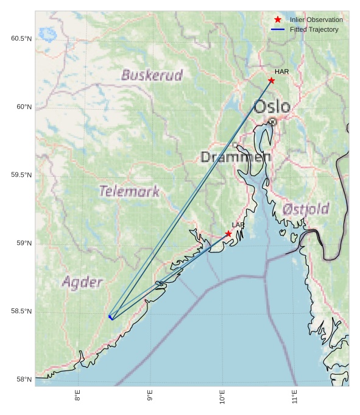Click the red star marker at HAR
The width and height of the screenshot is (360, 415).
pyautogui.click(x=271, y=80)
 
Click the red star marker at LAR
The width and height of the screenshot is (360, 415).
pyautogui.click(x=228, y=233)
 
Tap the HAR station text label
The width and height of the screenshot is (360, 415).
pyautogui.click(x=281, y=72)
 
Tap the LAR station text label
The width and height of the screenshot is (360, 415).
pyautogui.click(x=238, y=225)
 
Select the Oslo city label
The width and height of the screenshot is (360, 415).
pyautogui.click(x=272, y=107)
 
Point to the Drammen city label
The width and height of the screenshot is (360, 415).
pyautogui.click(x=236, y=157)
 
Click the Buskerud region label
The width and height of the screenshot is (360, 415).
pyautogui.click(x=152, y=76)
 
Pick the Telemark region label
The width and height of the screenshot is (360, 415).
pyautogui.click(x=129, y=191)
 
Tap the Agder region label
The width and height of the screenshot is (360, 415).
pyautogui.click(x=82, y=282)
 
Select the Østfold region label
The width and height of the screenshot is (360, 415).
pyautogui.click(x=306, y=209)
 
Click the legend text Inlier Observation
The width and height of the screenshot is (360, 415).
pyautogui.click(x=316, y=20)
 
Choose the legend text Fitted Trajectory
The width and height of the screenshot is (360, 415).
pyautogui.click(x=314, y=29)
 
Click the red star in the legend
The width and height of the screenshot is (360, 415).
pyautogui.click(x=278, y=20)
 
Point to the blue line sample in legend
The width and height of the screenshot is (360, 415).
pyautogui.click(x=278, y=29)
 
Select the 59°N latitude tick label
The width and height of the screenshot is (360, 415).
pyautogui.click(x=24, y=243)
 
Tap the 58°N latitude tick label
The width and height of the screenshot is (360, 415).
pyautogui.click(x=24, y=380)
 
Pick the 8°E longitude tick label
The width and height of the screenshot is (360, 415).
pyautogui.click(x=77, y=399)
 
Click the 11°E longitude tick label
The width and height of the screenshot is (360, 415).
pyautogui.click(x=295, y=399)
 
